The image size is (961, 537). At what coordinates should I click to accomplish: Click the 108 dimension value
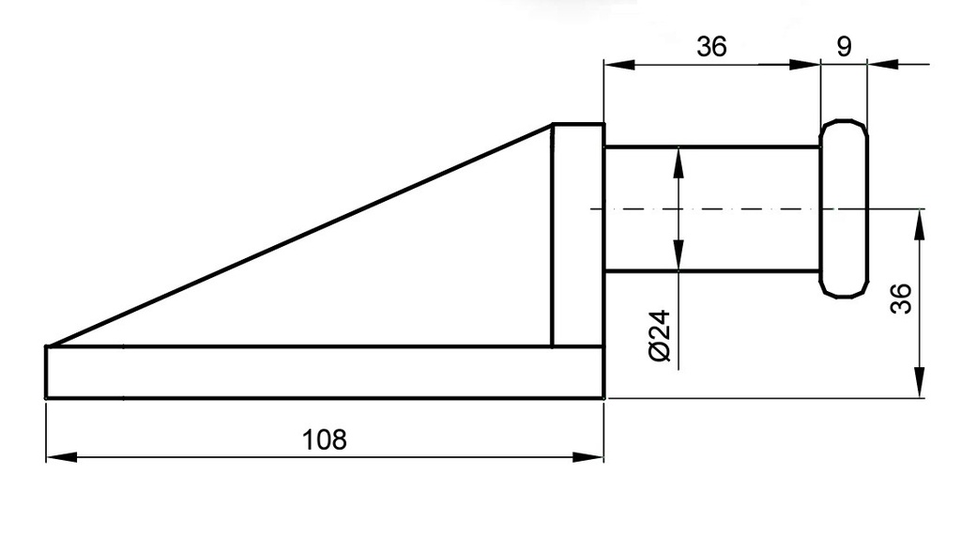[324, 438]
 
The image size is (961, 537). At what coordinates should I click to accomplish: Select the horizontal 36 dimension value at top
[711, 47]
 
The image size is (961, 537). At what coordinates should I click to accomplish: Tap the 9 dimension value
[844, 47]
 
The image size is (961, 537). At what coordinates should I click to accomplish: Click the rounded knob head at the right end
[844, 208]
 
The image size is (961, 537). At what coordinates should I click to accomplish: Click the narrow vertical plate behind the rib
[577, 235]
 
